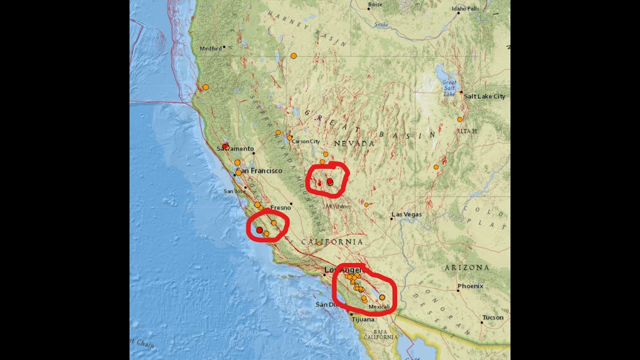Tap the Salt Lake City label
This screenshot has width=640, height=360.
(x=484, y=96)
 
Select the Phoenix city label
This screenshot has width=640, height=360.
(x=470, y=286)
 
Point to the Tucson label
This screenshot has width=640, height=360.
(x=493, y=317)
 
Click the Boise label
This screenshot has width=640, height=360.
(x=375, y=4)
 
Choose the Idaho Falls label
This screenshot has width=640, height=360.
(x=465, y=8)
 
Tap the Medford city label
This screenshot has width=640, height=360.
(x=210, y=48)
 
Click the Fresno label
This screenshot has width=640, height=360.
(x=280, y=207)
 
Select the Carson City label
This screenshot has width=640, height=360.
(x=305, y=141)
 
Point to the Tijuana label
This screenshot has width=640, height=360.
(x=362, y=319)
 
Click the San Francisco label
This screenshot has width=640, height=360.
(x=259, y=171)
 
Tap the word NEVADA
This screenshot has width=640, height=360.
(x=354, y=143)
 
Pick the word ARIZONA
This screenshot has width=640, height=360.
(x=467, y=268)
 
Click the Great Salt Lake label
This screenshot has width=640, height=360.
(x=449, y=88)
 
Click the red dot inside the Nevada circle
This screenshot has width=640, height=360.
(x=330, y=181)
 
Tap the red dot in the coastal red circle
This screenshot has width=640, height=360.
(x=259, y=229)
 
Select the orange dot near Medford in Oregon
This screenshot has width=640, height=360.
(x=293, y=55)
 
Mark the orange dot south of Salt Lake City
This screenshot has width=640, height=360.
(x=459, y=119)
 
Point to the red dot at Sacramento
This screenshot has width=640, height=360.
(x=225, y=146)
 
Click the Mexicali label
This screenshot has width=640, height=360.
(x=378, y=306)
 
